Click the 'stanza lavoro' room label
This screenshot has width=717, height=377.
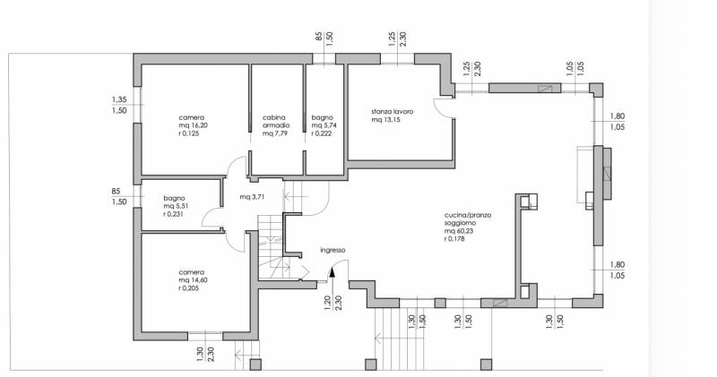click(393, 112)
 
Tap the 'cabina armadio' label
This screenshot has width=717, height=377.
click(276, 122)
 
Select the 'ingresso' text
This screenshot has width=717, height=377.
click(333, 250)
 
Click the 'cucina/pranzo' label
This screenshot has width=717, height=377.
click(468, 215)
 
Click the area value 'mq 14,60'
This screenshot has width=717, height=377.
click(193, 280)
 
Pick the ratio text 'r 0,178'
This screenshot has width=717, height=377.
click(454, 238)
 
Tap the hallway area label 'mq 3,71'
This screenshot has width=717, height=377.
click(252, 197)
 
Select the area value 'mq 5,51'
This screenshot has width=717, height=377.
click(176, 206)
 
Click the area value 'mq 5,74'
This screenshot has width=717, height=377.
click(324, 125)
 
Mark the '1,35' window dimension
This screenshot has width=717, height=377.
click(119, 99)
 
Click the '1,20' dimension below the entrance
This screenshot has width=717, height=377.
click(327, 303)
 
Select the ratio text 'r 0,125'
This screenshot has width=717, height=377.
click(189, 133)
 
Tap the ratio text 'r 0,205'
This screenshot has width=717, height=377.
click(189, 288)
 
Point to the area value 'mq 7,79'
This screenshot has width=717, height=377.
click(275, 133)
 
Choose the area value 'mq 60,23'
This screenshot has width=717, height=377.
click(459, 231)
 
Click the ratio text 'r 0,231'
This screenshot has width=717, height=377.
click(173, 214)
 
